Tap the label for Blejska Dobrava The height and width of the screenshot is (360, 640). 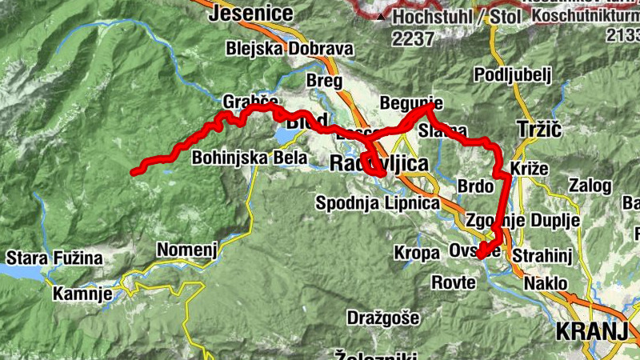(x=290, y=49)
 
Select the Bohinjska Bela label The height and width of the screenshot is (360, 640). (x=250, y=158)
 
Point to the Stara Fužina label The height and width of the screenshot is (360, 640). (x=54, y=258)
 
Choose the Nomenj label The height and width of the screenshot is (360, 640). (x=187, y=250)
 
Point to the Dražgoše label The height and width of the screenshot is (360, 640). (x=382, y=318)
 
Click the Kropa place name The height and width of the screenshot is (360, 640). (x=417, y=253)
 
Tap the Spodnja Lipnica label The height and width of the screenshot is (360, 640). (x=378, y=203)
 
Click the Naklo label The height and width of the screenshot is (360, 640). (x=546, y=283)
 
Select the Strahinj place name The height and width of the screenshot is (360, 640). (x=550, y=254)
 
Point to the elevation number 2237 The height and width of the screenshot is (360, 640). (x=413, y=38)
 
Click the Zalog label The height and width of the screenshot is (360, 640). (x=590, y=186)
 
